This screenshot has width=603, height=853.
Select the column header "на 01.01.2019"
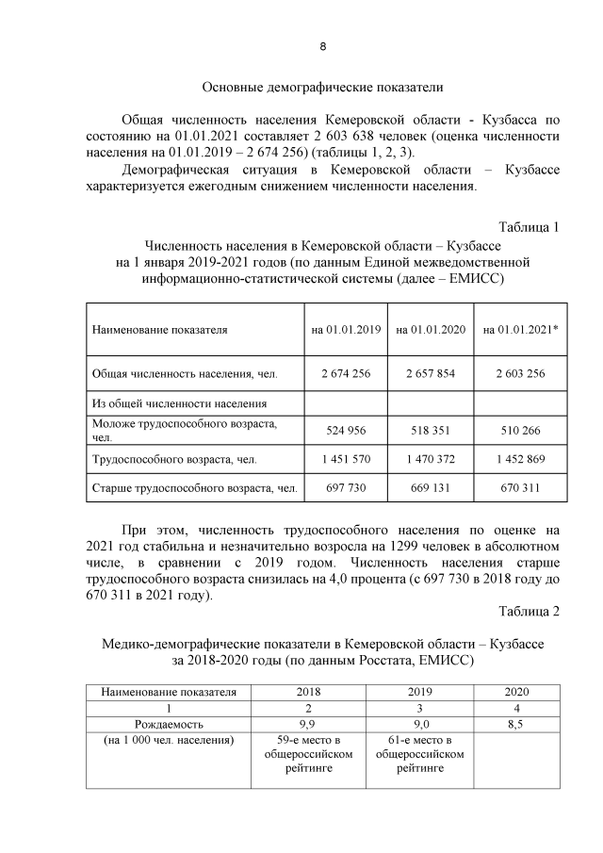click(346, 330)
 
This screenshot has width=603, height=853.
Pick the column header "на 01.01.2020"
click(431, 330)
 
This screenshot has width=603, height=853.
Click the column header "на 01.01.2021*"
click(517, 330)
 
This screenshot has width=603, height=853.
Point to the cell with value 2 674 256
click(346, 373)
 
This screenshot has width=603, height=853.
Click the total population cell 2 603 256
click(517, 373)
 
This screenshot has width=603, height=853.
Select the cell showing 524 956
click(346, 431)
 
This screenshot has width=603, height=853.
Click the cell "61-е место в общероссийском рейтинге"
click(420, 754)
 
